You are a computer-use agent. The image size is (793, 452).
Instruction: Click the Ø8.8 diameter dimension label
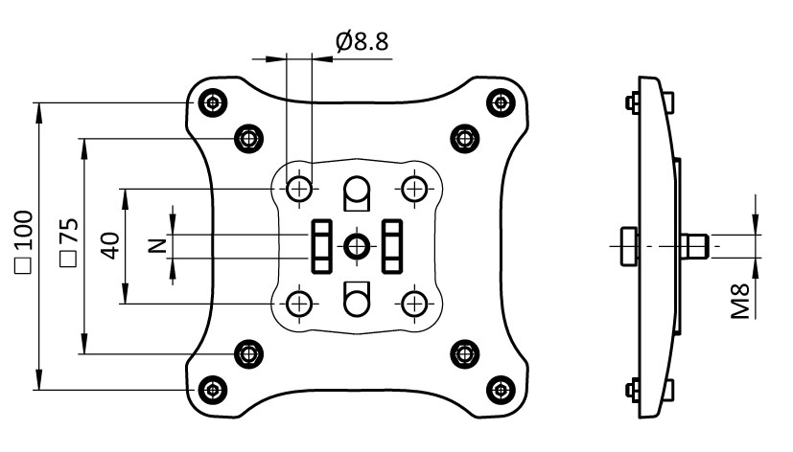point(362,42)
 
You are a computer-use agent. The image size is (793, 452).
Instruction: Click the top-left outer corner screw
point(211,101)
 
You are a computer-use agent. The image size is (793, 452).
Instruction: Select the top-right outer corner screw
point(499,101)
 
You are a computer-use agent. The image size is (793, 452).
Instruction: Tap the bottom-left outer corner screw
point(211,389)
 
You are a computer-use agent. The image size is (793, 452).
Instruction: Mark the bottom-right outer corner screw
point(499,389)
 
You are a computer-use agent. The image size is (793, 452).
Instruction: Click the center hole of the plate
point(357,245)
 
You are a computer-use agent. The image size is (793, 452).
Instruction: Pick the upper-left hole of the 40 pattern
point(301,188)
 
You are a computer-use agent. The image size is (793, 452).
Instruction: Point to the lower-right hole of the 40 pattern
point(414,304)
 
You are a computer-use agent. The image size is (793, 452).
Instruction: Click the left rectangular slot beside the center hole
point(321,245)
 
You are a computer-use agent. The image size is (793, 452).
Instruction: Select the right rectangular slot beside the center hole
point(392,245)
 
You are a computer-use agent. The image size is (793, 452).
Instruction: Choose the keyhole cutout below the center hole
point(357,298)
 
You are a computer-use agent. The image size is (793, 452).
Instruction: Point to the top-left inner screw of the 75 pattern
point(248,137)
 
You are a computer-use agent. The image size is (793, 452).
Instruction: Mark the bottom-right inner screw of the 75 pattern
point(464,353)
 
